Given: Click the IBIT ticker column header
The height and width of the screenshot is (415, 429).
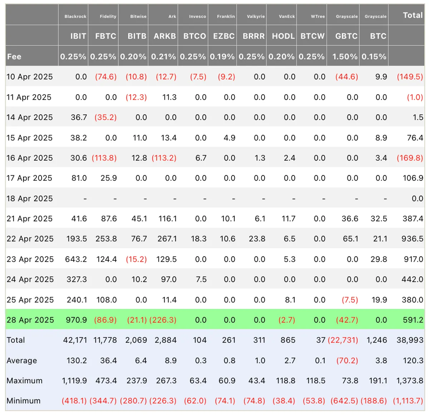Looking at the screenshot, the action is pyautogui.click(x=78, y=36).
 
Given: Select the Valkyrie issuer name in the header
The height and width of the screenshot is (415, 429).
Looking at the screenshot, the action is pyautogui.click(x=256, y=16).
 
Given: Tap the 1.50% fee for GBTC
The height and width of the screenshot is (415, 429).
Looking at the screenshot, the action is pyautogui.click(x=345, y=57).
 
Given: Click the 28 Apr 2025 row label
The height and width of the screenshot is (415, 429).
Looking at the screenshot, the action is pyautogui.click(x=30, y=320).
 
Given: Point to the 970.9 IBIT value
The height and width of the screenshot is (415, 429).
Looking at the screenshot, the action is pyautogui.click(x=76, y=320).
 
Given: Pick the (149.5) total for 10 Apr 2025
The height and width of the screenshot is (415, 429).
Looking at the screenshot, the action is pyautogui.click(x=410, y=77).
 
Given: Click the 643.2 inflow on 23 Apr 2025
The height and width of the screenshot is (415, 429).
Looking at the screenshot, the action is pyautogui.click(x=76, y=259).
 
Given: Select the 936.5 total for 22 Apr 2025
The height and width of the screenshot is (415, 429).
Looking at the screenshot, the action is pyautogui.click(x=412, y=239).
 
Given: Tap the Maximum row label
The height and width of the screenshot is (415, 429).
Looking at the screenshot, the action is pyautogui.click(x=24, y=381).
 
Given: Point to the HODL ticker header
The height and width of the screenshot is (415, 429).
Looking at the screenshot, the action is pyautogui.click(x=283, y=36).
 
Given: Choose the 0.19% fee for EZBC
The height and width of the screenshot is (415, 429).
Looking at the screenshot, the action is pyautogui.click(x=222, y=57).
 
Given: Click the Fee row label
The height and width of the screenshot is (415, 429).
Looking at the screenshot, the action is pyautogui.click(x=14, y=57).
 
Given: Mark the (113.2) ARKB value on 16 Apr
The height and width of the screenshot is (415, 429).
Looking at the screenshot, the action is pyautogui.click(x=164, y=158).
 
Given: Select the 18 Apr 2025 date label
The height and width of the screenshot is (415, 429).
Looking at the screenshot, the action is pyautogui.click(x=30, y=199).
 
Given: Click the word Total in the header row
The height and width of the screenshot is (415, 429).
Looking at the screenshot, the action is pyautogui.click(x=413, y=15).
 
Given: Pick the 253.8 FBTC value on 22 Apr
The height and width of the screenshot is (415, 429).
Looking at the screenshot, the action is pyautogui.click(x=106, y=239).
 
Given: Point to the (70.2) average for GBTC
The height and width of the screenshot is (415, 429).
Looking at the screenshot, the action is pyautogui.click(x=347, y=361).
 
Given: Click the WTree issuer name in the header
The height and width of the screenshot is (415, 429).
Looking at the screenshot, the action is pyautogui.click(x=318, y=16).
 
